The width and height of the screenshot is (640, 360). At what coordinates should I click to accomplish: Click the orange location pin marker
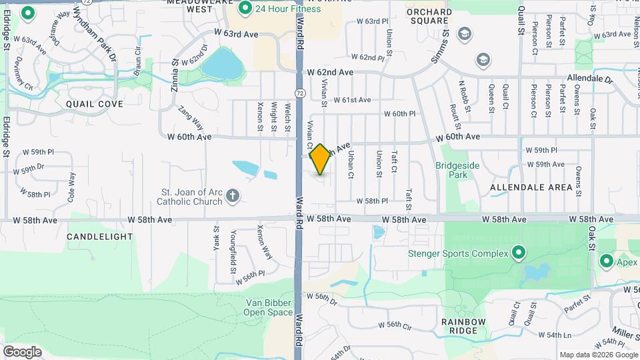[321, 159]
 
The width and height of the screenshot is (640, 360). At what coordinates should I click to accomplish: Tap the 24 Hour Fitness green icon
[245, 9]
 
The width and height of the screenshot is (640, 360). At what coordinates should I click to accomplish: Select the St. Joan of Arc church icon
[232, 195]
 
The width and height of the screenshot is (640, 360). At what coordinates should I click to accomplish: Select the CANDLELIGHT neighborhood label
[100, 237]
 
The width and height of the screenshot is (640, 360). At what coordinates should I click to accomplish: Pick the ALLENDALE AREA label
[531, 187]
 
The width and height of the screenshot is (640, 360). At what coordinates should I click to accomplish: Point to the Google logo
[23, 351]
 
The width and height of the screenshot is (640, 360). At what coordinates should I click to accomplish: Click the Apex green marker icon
[607, 261]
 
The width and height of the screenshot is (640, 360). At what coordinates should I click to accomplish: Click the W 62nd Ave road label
[330, 72]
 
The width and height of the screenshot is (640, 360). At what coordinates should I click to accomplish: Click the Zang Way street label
[191, 119]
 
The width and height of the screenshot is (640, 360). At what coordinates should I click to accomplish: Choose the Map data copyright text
[598, 355]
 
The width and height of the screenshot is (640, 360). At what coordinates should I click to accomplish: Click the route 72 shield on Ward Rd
[301, 93]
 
